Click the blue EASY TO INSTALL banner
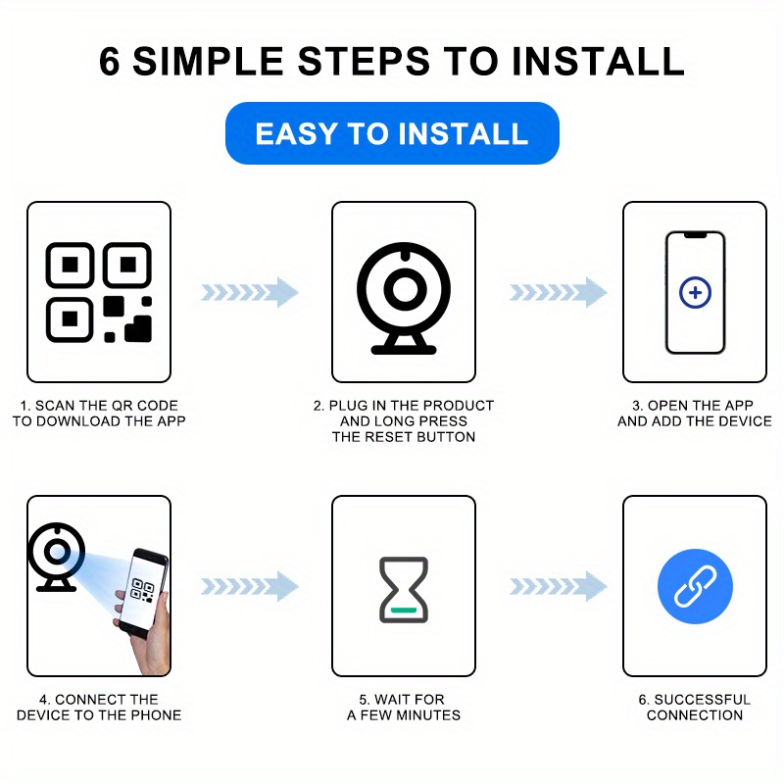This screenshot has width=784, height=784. (392, 133)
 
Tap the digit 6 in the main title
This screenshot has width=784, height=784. (110, 61)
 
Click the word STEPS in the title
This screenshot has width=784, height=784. (364, 61)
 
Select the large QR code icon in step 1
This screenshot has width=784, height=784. (99, 292)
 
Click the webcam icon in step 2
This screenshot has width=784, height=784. (404, 299)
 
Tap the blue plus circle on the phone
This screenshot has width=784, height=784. (695, 292)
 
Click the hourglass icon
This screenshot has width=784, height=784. (404, 590)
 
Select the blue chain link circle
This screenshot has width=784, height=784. (695, 586)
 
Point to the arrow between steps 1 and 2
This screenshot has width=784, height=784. (250, 292)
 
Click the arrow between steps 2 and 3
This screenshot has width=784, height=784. (559, 292)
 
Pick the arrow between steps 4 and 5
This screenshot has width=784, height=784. (250, 586)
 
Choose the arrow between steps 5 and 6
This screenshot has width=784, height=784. (559, 586)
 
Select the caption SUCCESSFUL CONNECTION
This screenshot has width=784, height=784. (695, 707)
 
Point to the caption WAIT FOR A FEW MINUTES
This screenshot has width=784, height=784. (404, 707)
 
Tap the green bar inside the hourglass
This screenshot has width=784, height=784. (404, 610)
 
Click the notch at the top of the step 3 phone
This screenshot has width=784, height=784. (695, 235)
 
